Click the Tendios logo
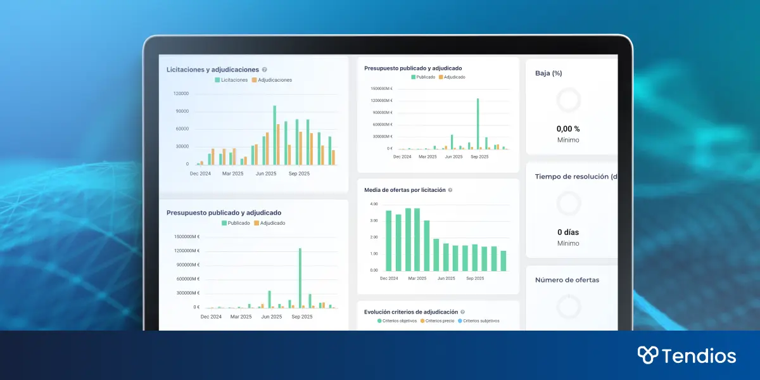(687, 355)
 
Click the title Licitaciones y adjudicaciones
(212, 70)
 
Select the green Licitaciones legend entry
(232, 80)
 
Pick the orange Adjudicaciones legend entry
(272, 80)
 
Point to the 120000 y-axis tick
(180, 94)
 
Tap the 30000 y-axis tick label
(182, 147)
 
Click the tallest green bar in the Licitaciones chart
(274, 135)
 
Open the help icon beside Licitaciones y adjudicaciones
(264, 70)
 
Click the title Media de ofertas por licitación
(405, 190)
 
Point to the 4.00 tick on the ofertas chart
(374, 205)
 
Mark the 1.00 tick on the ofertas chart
(374, 254)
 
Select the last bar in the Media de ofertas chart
(503, 261)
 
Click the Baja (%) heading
(548, 73)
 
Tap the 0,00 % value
(568, 129)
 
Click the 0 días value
(568, 232)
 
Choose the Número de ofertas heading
(567, 280)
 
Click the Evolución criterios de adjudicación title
(411, 312)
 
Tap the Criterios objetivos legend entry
(397, 321)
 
